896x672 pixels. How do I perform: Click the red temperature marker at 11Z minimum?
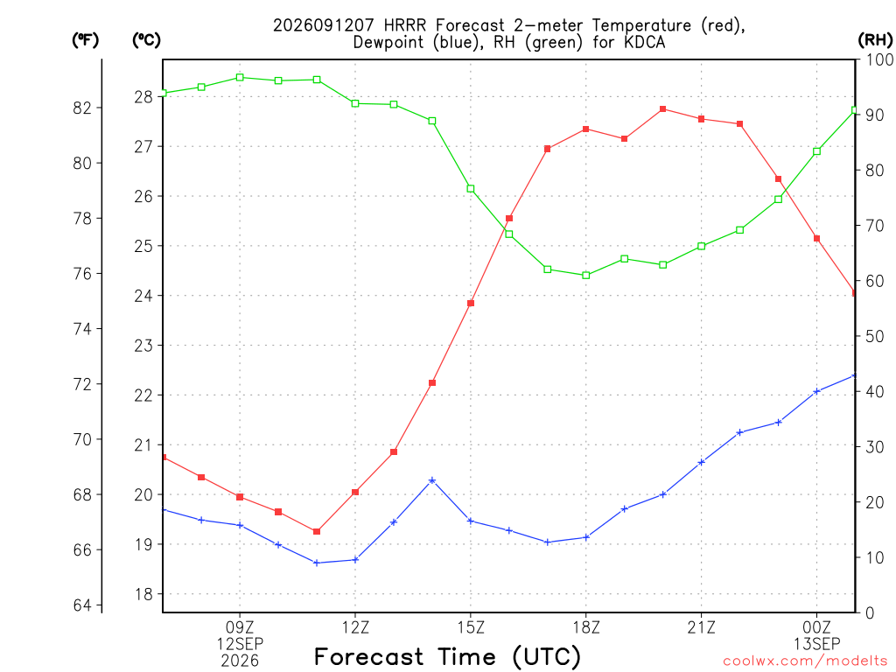click(317, 531)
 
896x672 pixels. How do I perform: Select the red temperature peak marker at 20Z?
click(663, 109)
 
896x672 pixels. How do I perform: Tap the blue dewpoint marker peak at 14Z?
click(432, 480)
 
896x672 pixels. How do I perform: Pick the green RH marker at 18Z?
click(585, 276)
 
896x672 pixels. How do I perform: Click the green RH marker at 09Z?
click(240, 77)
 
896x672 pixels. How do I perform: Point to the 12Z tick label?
click(355, 628)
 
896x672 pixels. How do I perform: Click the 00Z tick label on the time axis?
click(816, 628)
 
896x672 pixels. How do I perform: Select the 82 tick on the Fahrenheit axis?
click(82, 108)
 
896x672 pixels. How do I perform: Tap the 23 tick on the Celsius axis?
click(143, 346)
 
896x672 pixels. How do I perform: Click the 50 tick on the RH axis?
click(871, 337)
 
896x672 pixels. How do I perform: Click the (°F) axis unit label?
click(85, 40)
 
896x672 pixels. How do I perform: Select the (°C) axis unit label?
click(146, 40)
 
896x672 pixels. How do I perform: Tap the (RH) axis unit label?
click(875, 40)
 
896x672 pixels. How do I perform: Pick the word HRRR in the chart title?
click(405, 25)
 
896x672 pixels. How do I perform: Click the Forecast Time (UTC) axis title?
click(447, 657)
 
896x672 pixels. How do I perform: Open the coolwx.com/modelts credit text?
click(805, 661)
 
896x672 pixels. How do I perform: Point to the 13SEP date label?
click(816, 644)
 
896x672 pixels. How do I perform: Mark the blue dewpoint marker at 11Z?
click(317, 563)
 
